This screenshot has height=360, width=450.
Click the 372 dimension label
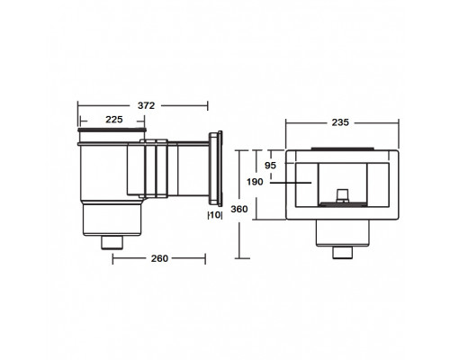146,105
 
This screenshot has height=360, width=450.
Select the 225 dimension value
114,120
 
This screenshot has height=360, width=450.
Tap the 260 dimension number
159,258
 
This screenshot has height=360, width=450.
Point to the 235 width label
340,122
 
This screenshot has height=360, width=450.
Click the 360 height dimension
239,209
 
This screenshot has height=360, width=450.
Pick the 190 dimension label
255,182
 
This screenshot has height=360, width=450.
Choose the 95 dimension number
270,166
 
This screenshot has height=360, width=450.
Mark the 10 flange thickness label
215,215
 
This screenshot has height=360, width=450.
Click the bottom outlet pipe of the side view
112,243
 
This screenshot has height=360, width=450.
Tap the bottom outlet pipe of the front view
343,253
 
